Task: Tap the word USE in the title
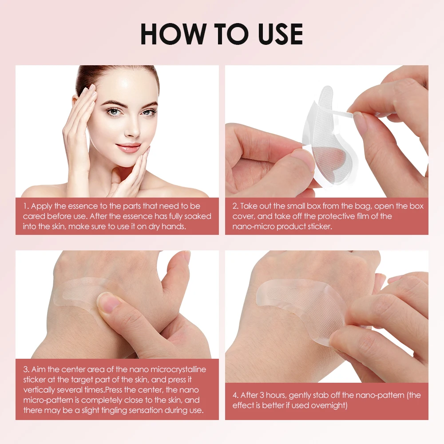click(x=275, y=34)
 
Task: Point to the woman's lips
click(x=129, y=147)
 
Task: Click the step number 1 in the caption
click(x=26, y=206)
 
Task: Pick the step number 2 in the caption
click(x=235, y=206)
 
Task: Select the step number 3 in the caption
click(x=26, y=369)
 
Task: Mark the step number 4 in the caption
click(x=235, y=395)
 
